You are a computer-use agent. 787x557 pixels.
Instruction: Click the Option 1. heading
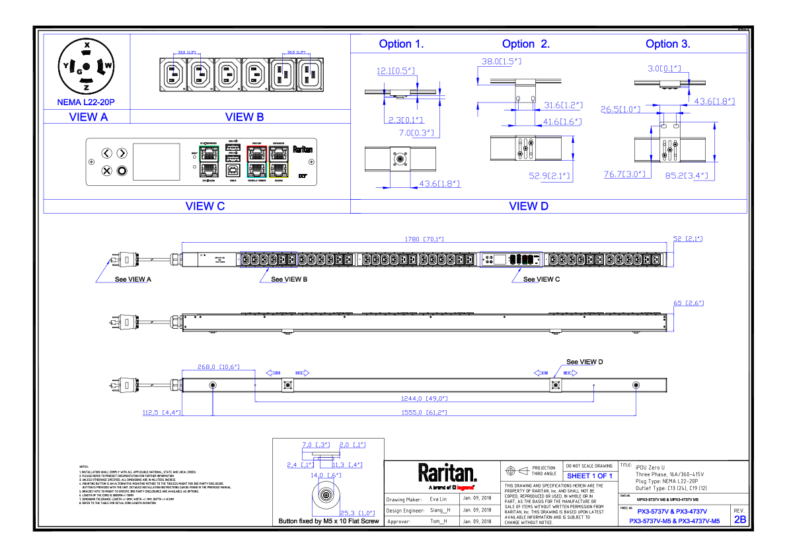pos(401,44)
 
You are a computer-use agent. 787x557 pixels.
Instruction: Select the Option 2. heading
pos(525,44)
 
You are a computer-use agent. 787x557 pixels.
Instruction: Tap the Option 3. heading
pos(667,44)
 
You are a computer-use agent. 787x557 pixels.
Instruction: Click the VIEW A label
pos(88,117)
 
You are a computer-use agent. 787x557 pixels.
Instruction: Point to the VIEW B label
pos(244,117)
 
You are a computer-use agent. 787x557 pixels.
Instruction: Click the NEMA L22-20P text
pos(86,103)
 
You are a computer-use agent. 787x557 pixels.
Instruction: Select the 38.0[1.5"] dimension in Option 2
pos(502,62)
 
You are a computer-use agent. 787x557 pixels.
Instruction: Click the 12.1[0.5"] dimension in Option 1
pos(396,71)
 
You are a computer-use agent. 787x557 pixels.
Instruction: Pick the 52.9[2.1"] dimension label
pos(550,176)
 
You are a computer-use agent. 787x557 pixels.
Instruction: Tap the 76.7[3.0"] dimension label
pos(624,175)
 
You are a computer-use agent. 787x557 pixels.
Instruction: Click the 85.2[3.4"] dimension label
pos(687,176)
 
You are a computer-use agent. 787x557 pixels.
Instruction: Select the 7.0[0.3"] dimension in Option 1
pos(416,133)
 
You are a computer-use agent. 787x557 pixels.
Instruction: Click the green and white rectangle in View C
pos(209,161)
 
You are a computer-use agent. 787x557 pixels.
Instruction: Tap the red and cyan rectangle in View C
pos(256,161)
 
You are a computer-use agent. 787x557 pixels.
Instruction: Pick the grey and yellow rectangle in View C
pos(278,161)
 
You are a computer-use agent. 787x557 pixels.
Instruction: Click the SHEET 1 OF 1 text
pos(589,476)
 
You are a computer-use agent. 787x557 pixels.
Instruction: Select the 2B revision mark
pos(740,520)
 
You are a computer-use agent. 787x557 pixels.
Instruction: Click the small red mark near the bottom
pos(465,488)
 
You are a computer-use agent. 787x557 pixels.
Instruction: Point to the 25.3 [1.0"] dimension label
pos(357,513)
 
